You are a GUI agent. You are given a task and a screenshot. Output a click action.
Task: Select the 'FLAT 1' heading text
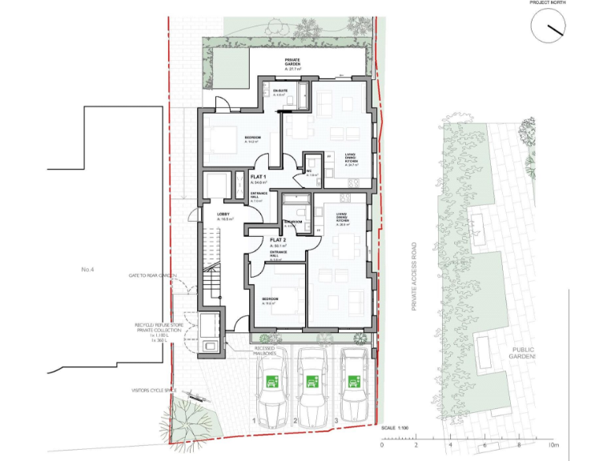point(259,176)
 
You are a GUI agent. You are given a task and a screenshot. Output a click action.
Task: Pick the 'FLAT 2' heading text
point(278,239)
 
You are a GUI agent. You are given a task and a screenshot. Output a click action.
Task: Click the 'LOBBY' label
point(224,214)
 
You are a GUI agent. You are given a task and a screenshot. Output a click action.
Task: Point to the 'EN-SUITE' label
point(279,91)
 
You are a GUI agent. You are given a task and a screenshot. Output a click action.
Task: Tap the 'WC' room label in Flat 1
point(309,170)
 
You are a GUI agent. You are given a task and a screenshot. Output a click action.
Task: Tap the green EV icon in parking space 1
point(272,381)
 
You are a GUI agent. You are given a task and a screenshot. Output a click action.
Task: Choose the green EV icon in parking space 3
point(352,381)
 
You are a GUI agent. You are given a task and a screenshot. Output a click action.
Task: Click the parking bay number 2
point(295,420)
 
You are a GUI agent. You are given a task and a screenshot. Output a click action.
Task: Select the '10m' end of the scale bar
point(552,445)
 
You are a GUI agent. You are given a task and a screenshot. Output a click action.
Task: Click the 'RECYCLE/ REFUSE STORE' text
point(159,326)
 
